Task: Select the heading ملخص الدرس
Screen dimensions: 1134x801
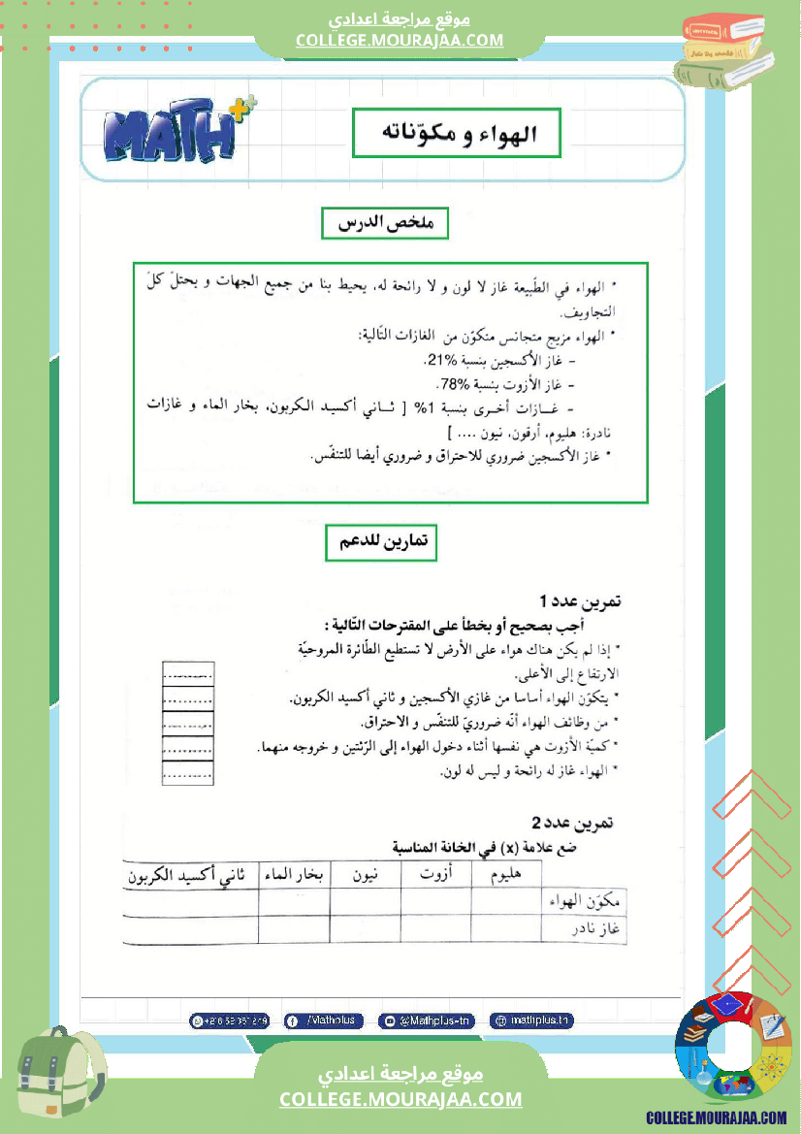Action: tap(384, 224)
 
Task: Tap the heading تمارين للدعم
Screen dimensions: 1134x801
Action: tap(381, 543)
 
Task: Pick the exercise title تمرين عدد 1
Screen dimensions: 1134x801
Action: tap(581, 601)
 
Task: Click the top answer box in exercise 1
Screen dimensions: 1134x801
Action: tap(188, 674)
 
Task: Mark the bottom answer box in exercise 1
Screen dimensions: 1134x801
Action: tap(188, 773)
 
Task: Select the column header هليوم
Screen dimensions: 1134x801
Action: tap(507, 875)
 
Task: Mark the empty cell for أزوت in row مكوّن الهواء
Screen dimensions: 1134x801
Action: tap(436, 901)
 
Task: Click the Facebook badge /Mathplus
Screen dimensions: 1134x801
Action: tap(324, 1021)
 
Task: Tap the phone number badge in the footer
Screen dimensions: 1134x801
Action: tap(230, 1021)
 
